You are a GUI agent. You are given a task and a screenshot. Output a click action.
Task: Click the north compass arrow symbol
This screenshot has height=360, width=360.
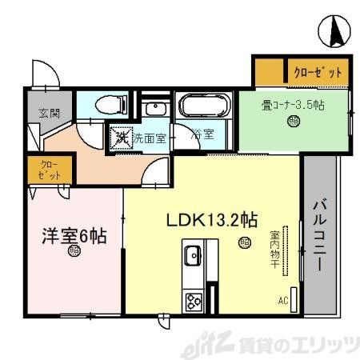click(335, 31)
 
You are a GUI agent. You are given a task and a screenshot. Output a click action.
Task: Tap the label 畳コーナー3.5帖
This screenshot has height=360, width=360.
click(294, 104)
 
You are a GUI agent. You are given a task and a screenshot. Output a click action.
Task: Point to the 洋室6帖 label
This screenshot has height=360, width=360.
click(74, 236)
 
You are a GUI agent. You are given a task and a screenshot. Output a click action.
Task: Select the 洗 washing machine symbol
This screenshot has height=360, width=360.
click(121, 138)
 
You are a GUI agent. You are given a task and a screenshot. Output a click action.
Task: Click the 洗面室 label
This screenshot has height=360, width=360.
click(149, 138)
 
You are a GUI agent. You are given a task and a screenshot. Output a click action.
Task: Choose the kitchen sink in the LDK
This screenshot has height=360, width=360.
click(192, 258)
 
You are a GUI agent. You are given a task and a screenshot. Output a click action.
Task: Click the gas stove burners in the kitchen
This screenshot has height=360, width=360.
click(194, 302)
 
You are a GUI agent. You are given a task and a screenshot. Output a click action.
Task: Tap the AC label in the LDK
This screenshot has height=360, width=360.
click(282, 302)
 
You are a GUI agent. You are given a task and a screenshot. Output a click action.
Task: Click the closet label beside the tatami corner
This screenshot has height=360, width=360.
click(316, 72)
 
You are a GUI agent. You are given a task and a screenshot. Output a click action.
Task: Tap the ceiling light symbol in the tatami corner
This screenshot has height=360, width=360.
click(294, 122)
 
